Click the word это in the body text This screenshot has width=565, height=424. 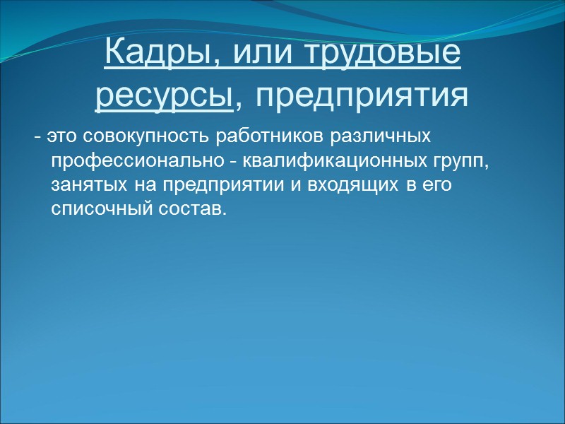pyautogui.click(x=60, y=135)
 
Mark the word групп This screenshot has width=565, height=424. pyautogui.click(x=463, y=162)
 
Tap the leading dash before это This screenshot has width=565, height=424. pyautogui.click(x=37, y=136)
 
